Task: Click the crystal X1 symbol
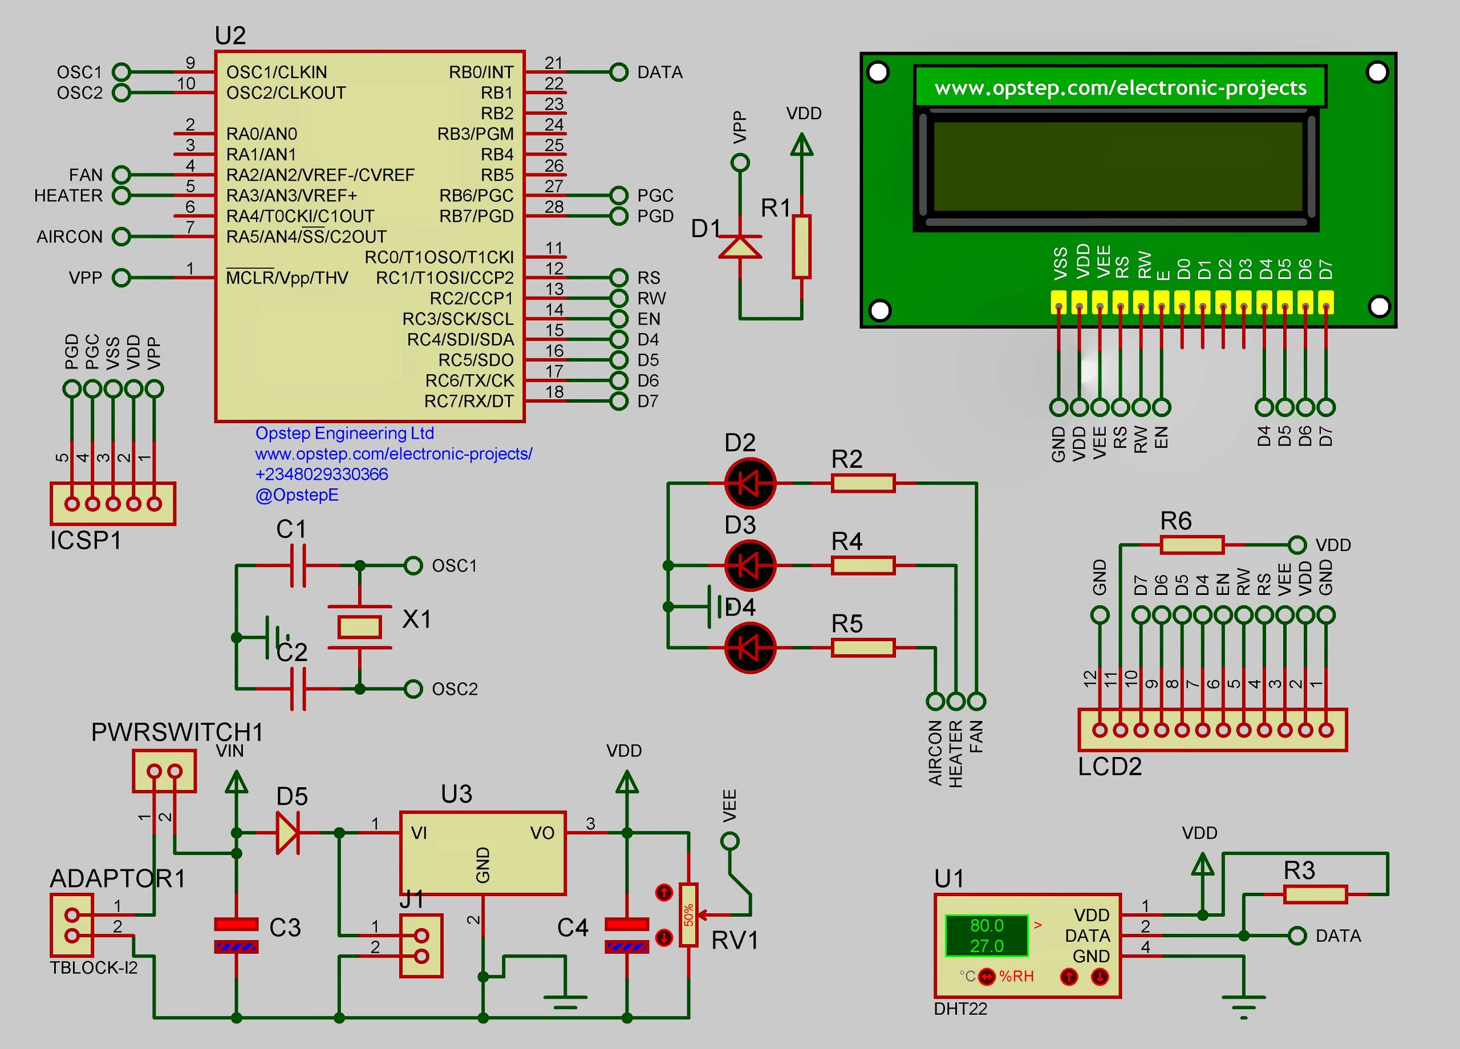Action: [359, 626]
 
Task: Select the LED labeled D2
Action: [750, 483]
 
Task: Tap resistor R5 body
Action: [863, 647]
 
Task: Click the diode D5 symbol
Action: [288, 833]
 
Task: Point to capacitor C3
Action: [236, 935]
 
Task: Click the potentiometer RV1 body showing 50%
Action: [689, 915]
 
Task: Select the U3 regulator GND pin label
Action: [483, 865]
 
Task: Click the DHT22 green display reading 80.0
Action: [986, 925]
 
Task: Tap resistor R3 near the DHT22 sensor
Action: [1315, 894]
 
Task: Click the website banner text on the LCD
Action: [1120, 88]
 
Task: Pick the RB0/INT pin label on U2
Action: [481, 72]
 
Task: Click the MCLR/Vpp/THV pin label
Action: [286, 278]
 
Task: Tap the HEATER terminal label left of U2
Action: [68, 196]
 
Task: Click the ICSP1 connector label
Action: [86, 540]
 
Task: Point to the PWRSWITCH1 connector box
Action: [164, 771]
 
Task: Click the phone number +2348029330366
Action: [321, 475]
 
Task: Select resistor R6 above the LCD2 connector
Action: [1191, 545]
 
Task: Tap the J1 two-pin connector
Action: [421, 945]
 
